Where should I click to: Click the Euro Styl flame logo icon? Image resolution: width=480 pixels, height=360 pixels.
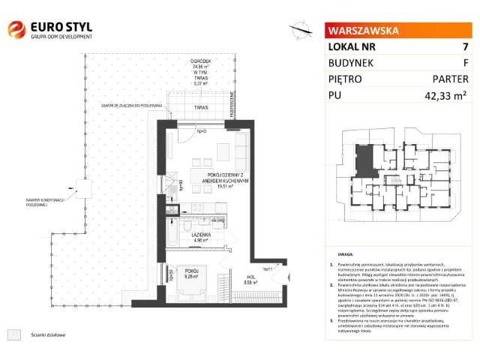tap(16, 29)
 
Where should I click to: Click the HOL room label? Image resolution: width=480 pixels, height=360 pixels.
tap(230, 281)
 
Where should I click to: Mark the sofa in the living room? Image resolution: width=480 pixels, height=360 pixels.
tap(242, 145)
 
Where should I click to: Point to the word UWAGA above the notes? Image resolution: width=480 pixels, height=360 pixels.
tap(346, 255)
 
